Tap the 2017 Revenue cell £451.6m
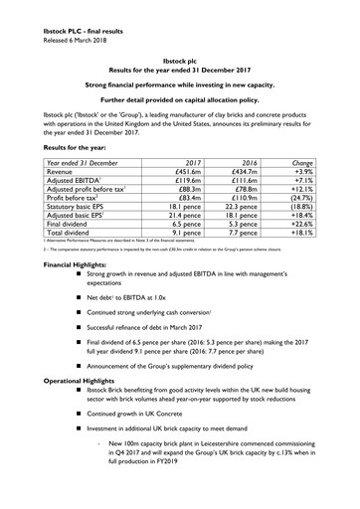click(x=200, y=173)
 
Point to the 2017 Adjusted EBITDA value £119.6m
click(x=200, y=184)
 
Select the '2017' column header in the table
click(x=208, y=162)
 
